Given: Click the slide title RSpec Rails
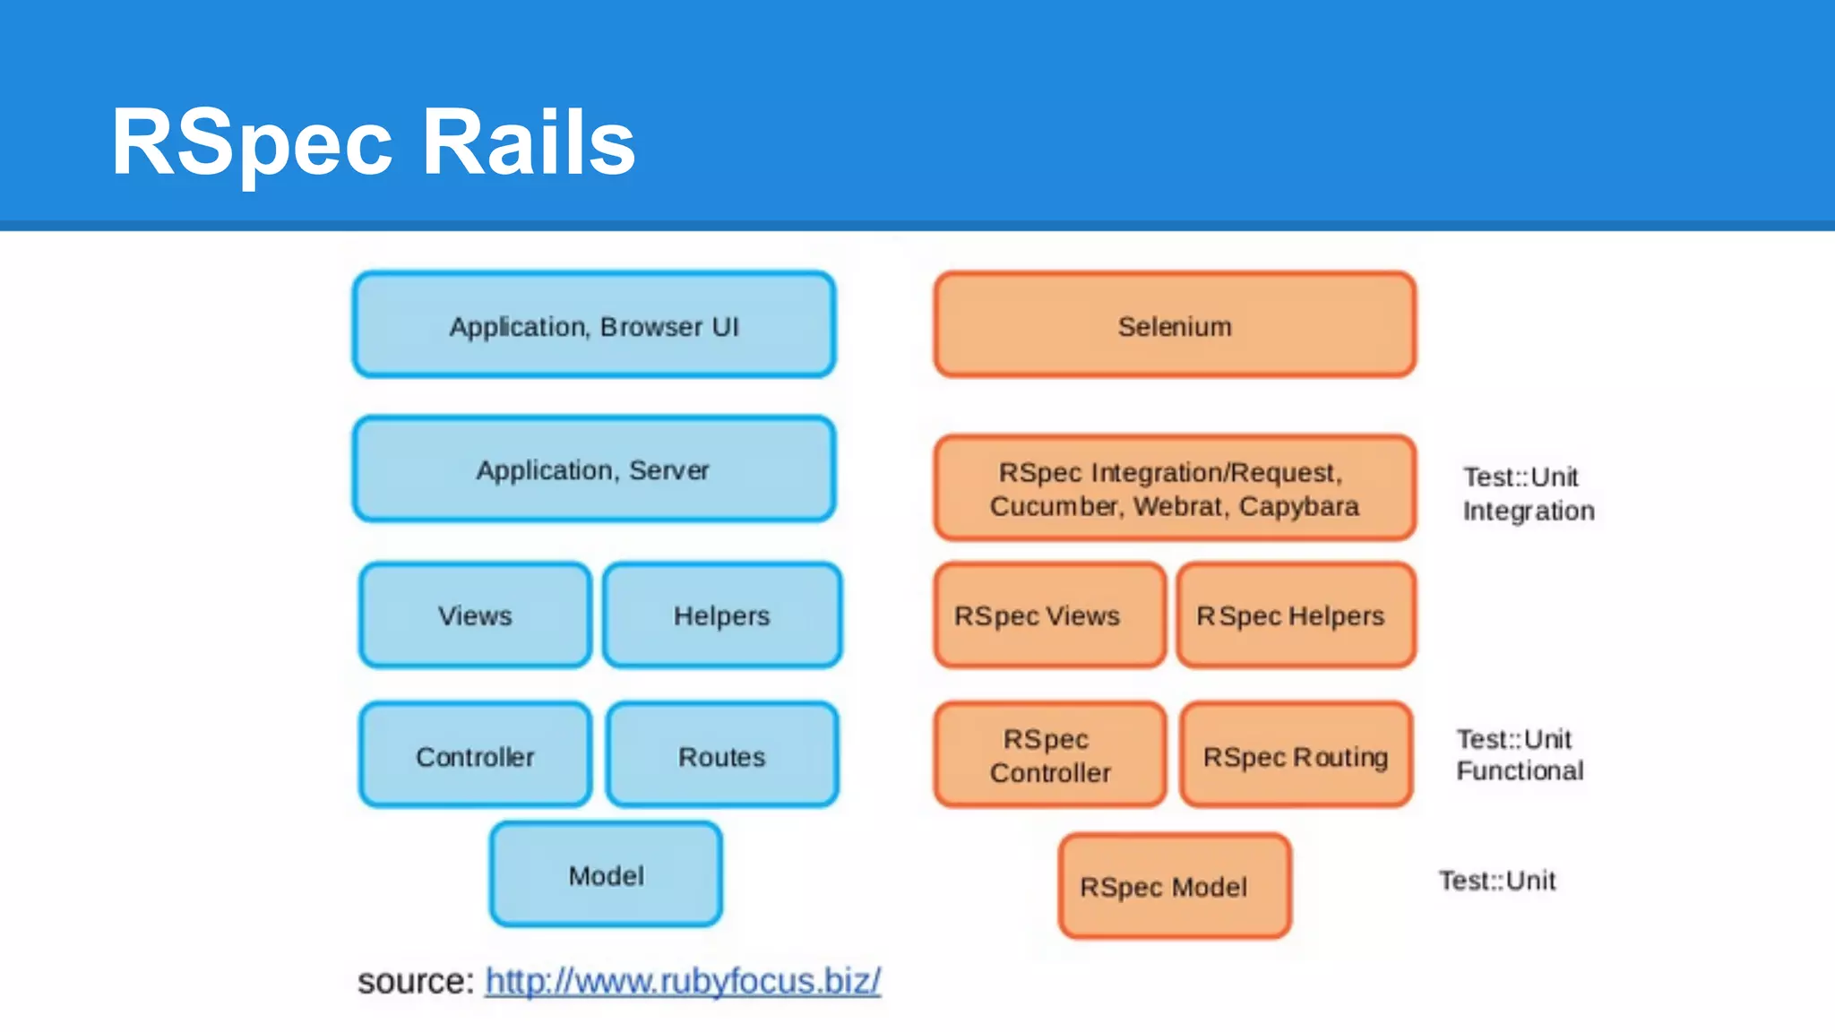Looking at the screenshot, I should click(373, 142).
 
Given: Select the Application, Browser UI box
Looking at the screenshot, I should click(594, 325).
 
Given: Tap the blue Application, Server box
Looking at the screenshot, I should click(594, 469).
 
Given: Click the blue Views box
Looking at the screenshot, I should click(475, 615).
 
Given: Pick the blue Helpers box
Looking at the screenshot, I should click(722, 615).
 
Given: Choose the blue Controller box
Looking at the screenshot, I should click(475, 756).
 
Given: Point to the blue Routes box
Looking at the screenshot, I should click(722, 756).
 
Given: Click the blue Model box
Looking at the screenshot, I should click(606, 875).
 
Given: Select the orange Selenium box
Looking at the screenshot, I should click(1175, 325).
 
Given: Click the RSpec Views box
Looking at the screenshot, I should click(1048, 615).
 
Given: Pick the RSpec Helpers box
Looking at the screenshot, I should click(1296, 615).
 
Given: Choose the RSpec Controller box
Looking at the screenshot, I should click(1049, 755).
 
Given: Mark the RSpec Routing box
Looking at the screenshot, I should click(1296, 756).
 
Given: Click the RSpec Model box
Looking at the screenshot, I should click(1174, 886).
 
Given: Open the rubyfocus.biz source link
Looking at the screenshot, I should click(683, 981).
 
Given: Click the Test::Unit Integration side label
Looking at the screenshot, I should click(1528, 494).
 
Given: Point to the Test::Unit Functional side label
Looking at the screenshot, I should click(1519, 754).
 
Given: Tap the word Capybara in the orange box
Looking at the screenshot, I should click(1298, 507).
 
